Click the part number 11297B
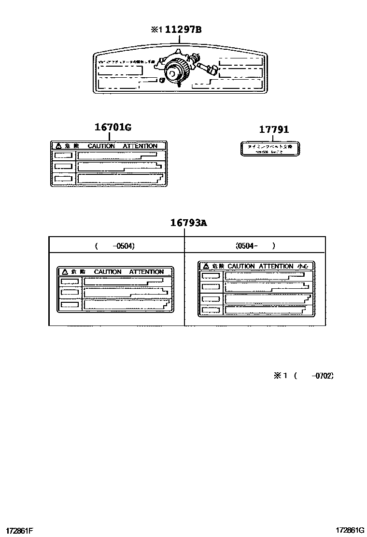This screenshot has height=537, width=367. [x=183, y=30]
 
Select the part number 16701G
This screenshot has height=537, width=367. [x=113, y=127]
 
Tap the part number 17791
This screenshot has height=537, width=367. [x=274, y=129]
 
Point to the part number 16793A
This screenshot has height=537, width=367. [x=188, y=223]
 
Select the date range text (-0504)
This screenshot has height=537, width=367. [x=115, y=246]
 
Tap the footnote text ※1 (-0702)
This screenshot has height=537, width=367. [x=304, y=375]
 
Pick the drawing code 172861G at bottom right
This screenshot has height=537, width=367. [x=350, y=531]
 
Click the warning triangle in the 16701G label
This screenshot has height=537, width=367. [x=58, y=146]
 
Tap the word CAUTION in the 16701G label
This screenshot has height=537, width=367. [x=101, y=146]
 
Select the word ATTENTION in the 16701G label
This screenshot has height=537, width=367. [x=140, y=146]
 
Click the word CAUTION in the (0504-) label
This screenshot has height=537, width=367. [x=241, y=266]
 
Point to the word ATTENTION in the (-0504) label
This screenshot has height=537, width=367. [x=146, y=272]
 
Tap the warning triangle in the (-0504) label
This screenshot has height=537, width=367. [x=64, y=272]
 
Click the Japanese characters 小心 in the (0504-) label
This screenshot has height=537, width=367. [x=304, y=266]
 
